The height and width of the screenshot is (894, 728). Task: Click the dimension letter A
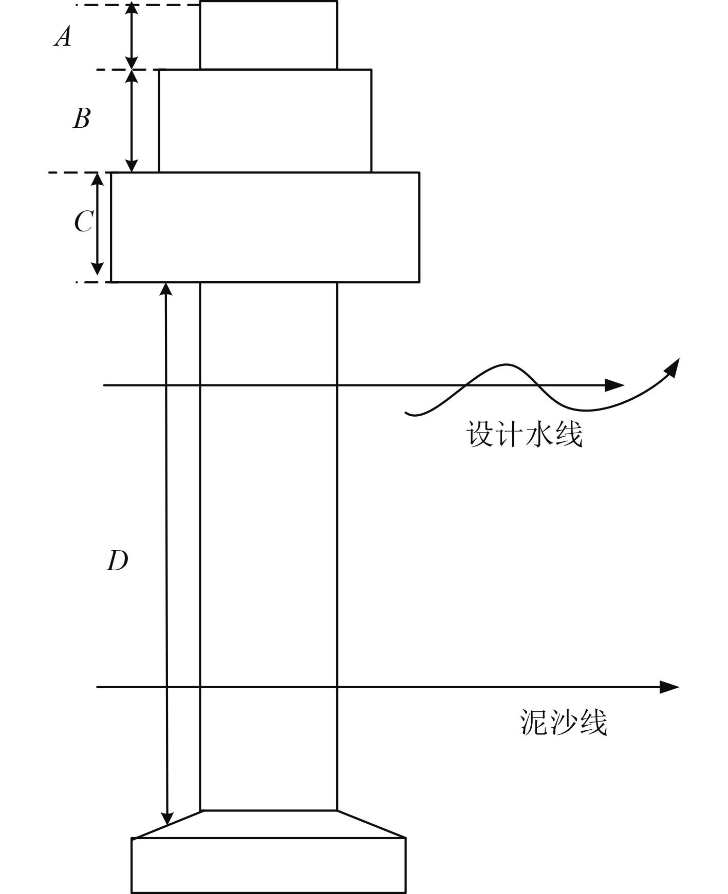(63, 37)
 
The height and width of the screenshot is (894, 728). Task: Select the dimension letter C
(84, 222)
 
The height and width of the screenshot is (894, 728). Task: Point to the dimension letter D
(117, 560)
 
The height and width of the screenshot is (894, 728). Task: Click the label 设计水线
(525, 434)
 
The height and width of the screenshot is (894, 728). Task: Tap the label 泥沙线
(564, 723)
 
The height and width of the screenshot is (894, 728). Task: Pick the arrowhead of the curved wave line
(673, 365)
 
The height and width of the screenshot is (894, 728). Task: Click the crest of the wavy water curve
(506, 365)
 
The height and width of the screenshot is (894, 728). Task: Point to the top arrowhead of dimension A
(132, 9)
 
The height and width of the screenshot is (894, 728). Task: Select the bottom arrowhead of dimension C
(97, 268)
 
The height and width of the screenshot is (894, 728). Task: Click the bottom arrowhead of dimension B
(132, 165)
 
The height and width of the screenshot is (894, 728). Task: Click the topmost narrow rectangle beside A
(269, 35)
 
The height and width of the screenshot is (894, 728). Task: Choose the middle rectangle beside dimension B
(265, 121)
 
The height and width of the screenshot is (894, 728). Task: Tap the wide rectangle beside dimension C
(265, 227)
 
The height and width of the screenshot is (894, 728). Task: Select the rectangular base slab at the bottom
(268, 865)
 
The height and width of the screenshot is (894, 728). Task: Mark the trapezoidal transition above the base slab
(269, 824)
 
